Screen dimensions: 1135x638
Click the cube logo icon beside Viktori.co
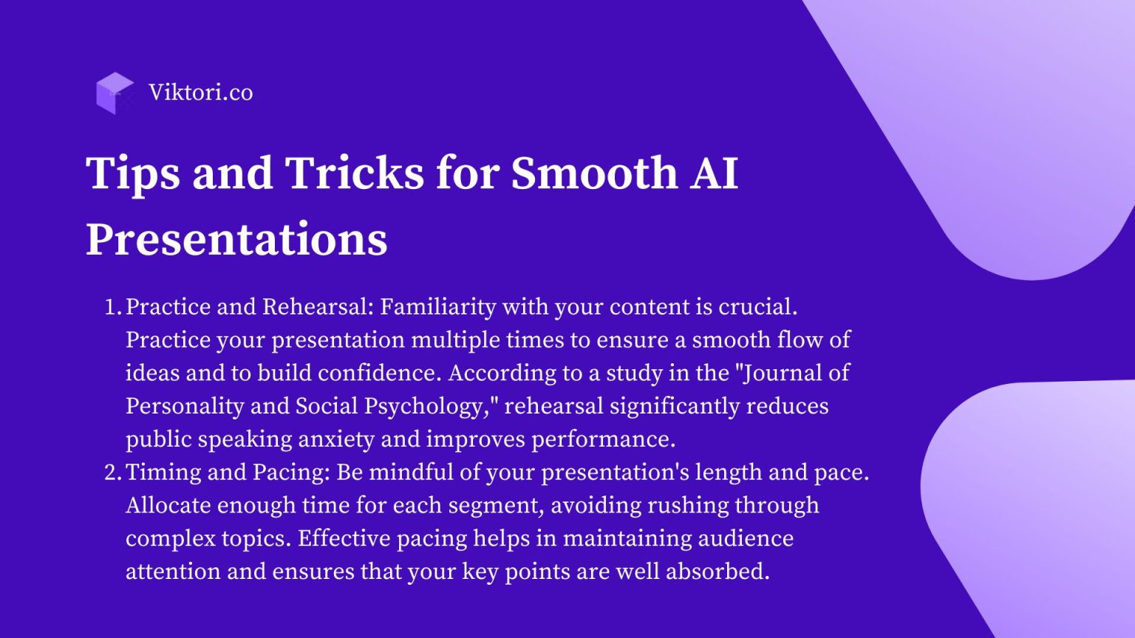click(115, 93)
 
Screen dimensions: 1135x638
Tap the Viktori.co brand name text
click(201, 92)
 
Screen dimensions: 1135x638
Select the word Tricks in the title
click(354, 173)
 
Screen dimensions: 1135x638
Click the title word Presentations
click(236, 239)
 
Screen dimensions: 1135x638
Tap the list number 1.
click(112, 307)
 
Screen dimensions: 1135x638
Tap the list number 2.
click(112, 473)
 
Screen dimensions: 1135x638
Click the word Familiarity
click(437, 307)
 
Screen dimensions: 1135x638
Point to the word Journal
click(782, 374)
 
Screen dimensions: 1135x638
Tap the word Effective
click(344, 538)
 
